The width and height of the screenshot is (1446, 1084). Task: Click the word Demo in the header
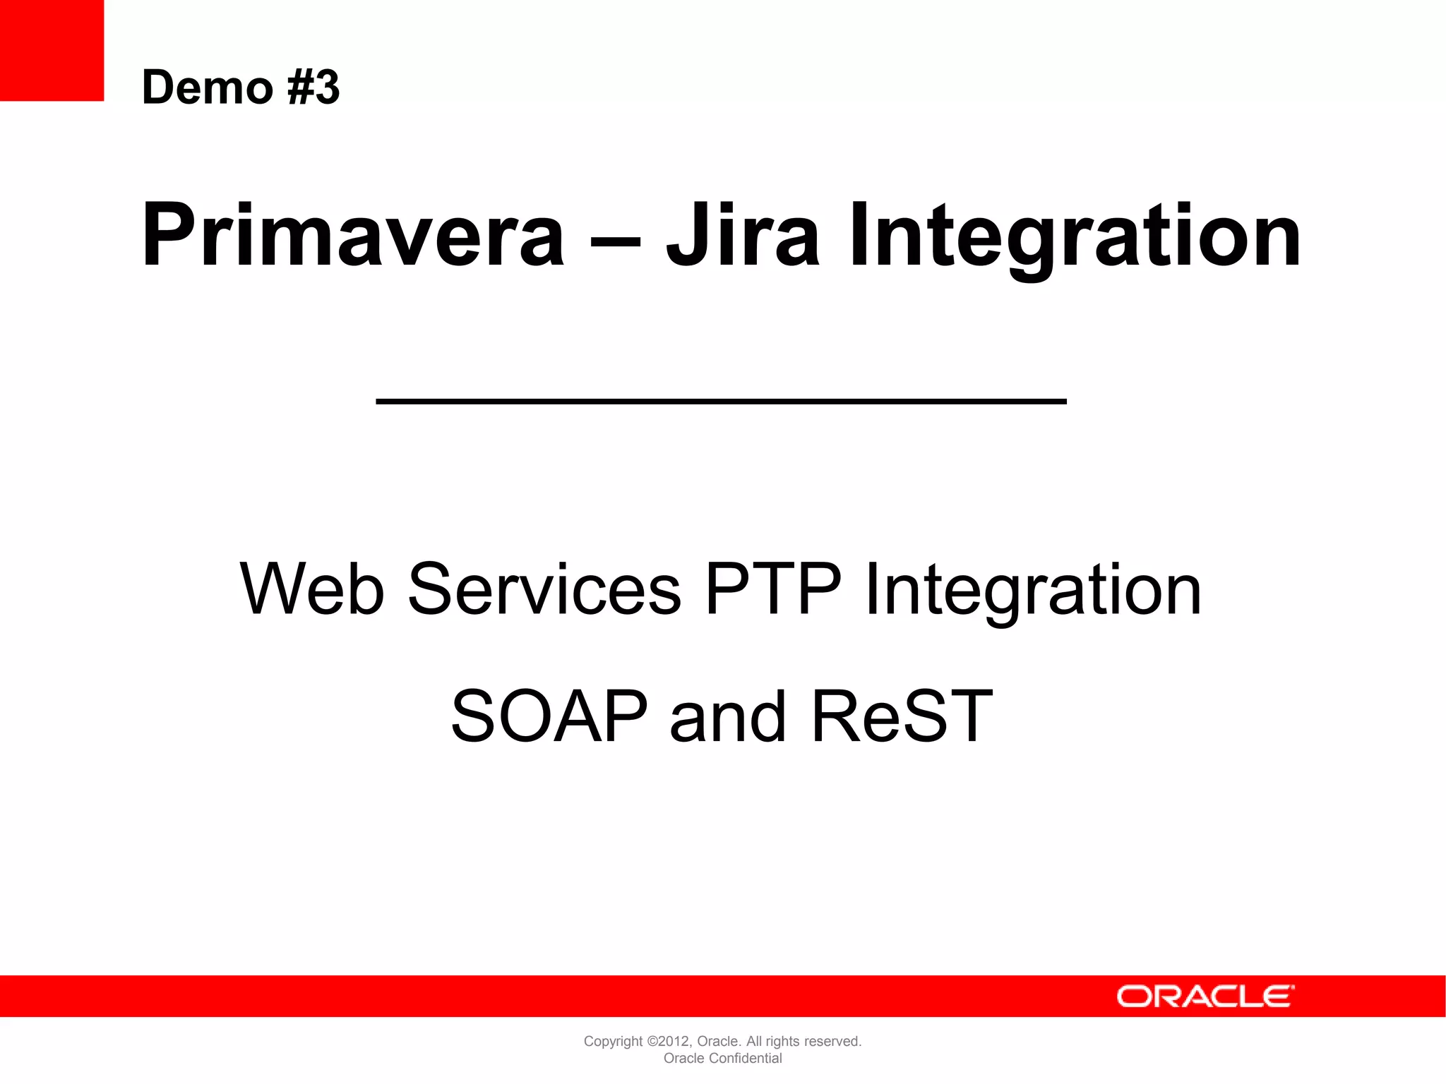pyautogui.click(x=207, y=88)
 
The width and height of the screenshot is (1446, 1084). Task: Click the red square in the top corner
pyautogui.click(x=52, y=50)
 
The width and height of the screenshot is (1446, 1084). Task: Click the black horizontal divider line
pyautogui.click(x=721, y=401)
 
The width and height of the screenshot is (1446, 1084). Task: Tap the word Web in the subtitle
pyautogui.click(x=312, y=589)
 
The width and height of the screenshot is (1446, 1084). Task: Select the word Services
pyautogui.click(x=544, y=589)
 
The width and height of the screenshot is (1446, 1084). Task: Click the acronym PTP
pyautogui.click(x=773, y=589)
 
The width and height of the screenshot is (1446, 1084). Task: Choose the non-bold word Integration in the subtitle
pyautogui.click(x=1033, y=589)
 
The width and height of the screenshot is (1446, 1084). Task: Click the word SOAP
pyautogui.click(x=549, y=716)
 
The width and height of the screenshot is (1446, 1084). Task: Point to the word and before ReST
pyautogui.click(x=727, y=716)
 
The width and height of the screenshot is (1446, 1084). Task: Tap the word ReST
pyautogui.click(x=902, y=716)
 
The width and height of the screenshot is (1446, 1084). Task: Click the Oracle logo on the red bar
pyautogui.click(x=1205, y=996)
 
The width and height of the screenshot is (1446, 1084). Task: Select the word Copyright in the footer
pyautogui.click(x=613, y=1042)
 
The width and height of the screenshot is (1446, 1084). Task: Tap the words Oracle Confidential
pyautogui.click(x=722, y=1059)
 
